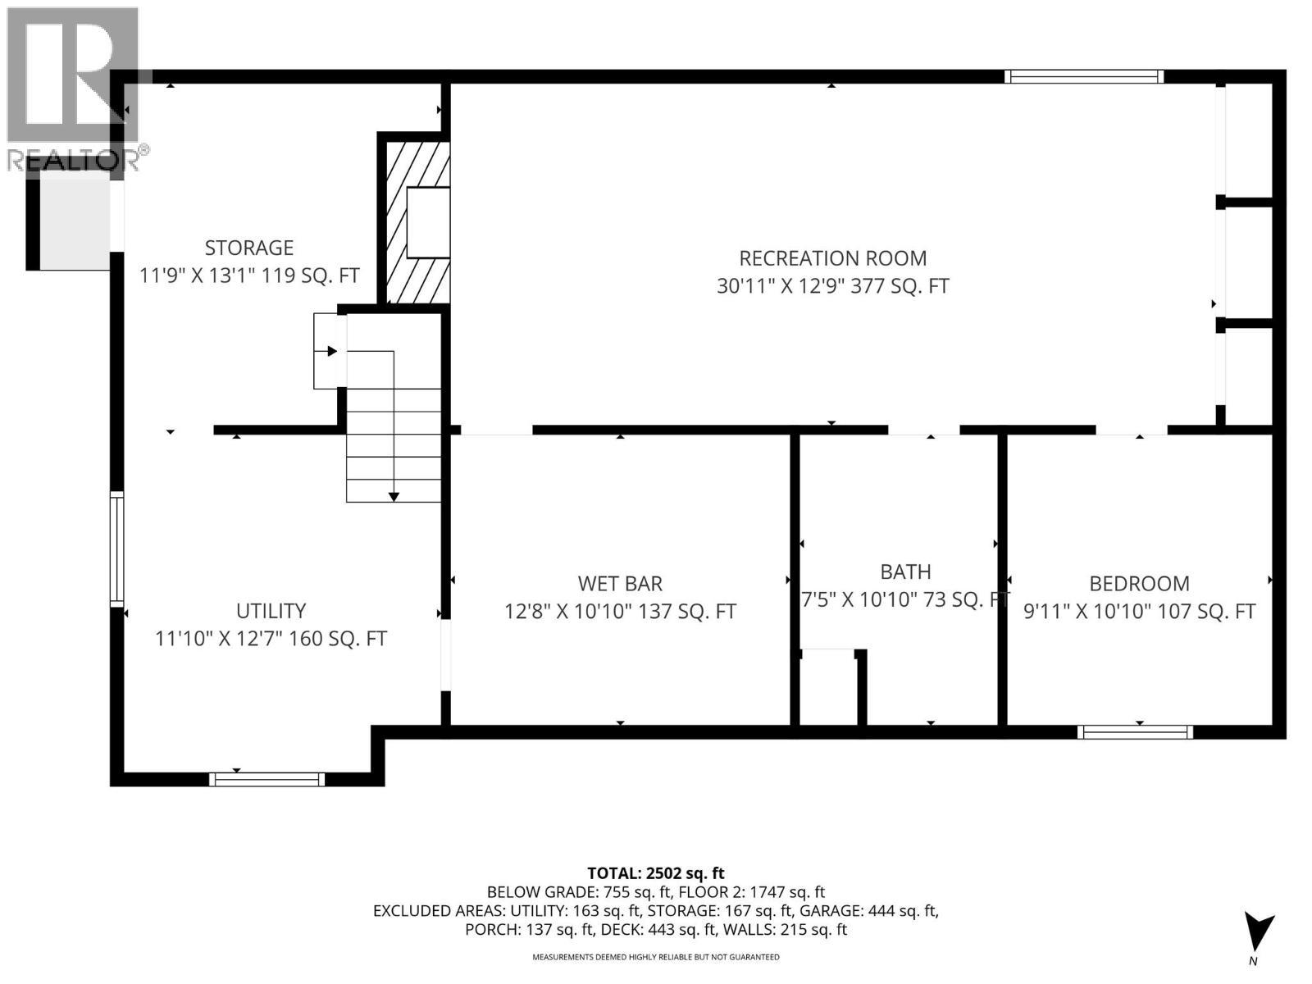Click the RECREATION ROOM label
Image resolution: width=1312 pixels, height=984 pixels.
point(832,258)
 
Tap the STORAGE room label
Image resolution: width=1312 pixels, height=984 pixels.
point(248,248)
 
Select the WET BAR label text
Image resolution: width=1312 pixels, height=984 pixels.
point(620,584)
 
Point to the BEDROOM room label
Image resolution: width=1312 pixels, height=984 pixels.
point(1139,584)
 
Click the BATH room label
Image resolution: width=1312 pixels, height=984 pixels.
point(905,572)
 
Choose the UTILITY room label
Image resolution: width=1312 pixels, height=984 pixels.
point(271,611)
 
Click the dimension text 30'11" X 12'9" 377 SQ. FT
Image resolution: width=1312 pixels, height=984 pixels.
point(832,286)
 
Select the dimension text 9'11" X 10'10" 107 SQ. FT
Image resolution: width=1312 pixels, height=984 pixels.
point(1139,612)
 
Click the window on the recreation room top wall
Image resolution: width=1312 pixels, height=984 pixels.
point(1084,77)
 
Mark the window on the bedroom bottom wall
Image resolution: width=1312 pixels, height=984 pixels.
point(1135,732)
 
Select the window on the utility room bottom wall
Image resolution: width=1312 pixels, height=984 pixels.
point(266,780)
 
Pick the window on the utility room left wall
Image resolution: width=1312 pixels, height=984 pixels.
point(117,549)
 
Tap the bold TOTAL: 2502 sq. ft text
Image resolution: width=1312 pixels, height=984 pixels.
point(655,873)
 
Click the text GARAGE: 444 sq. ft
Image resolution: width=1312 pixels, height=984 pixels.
point(868,911)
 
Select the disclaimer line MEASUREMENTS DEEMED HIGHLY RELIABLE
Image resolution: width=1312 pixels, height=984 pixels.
point(655,957)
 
